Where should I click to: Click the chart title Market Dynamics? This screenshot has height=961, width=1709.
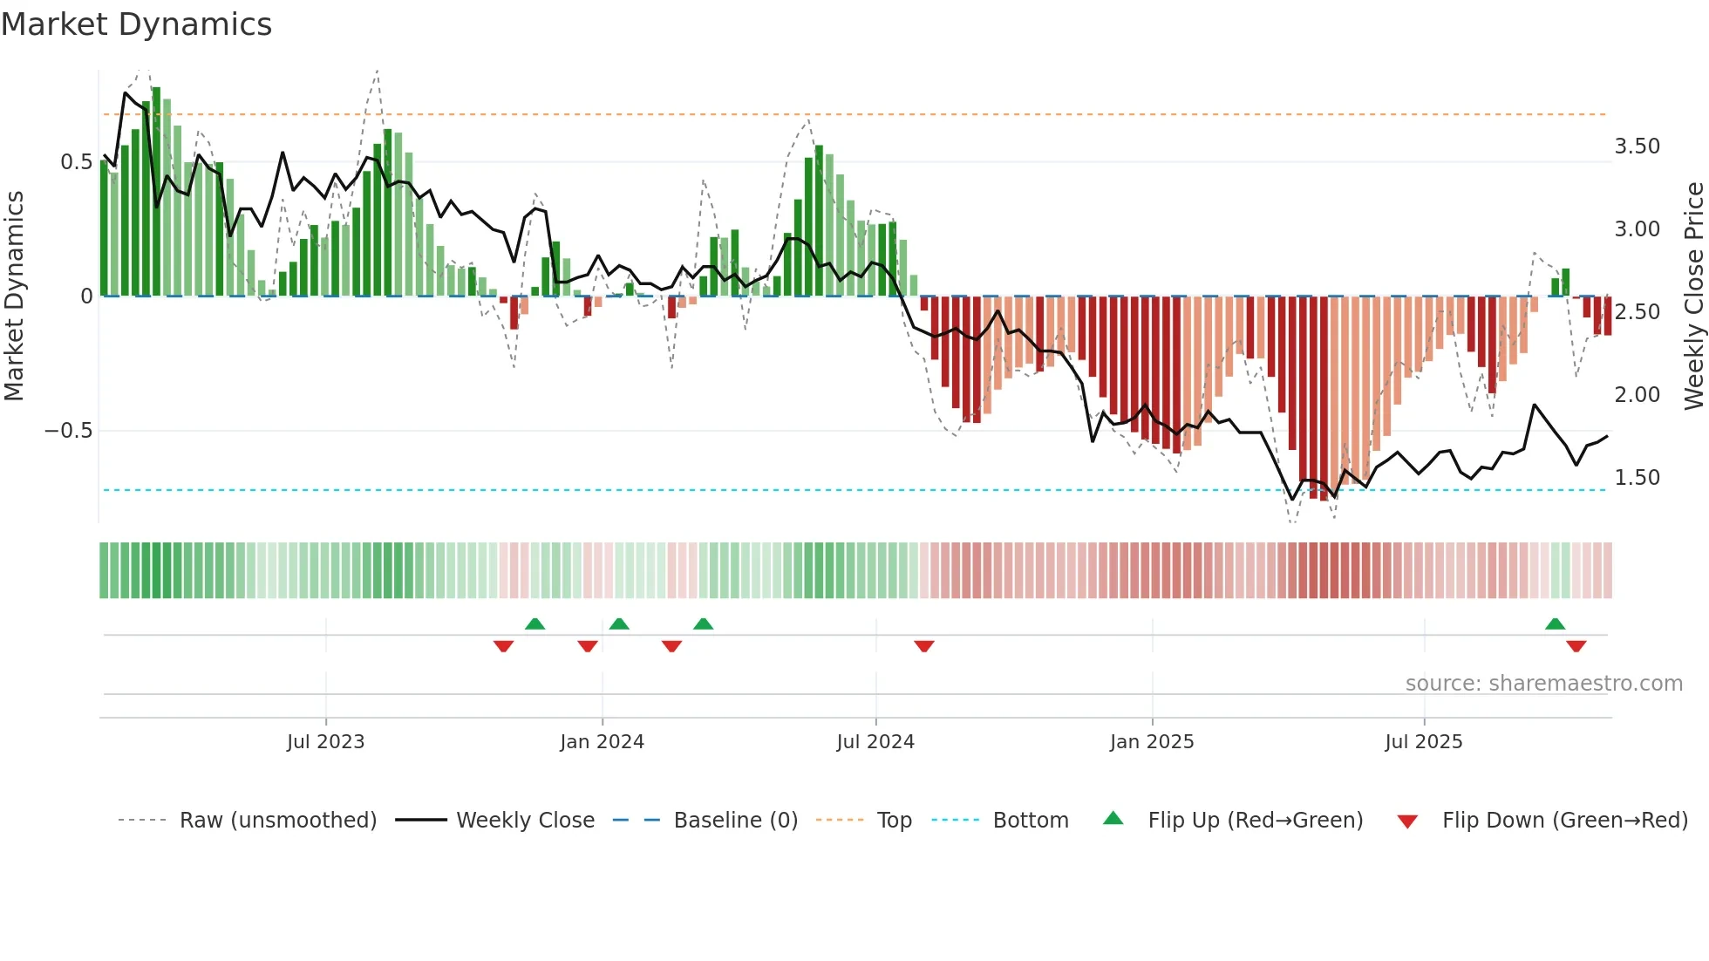point(136,24)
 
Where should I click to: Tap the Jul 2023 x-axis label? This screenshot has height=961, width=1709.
point(325,742)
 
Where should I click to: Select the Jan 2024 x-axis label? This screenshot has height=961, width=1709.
point(602,742)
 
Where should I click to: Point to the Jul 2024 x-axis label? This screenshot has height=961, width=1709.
point(875,742)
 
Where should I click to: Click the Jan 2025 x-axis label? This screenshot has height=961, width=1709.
point(1152,742)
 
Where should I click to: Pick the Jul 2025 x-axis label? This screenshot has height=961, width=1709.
point(1424,742)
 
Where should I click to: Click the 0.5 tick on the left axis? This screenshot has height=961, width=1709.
point(76,162)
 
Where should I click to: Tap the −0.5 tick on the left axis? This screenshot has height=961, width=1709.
point(68,431)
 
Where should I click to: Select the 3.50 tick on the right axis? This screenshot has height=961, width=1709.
point(1638,147)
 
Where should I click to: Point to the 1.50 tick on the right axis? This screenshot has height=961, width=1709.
point(1638,478)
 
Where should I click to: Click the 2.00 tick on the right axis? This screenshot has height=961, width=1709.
point(1638,395)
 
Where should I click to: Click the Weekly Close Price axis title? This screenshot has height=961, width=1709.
point(1693,296)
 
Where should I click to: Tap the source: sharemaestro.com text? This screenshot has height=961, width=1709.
point(1543,684)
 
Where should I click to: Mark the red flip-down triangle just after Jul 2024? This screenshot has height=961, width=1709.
point(924,646)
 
